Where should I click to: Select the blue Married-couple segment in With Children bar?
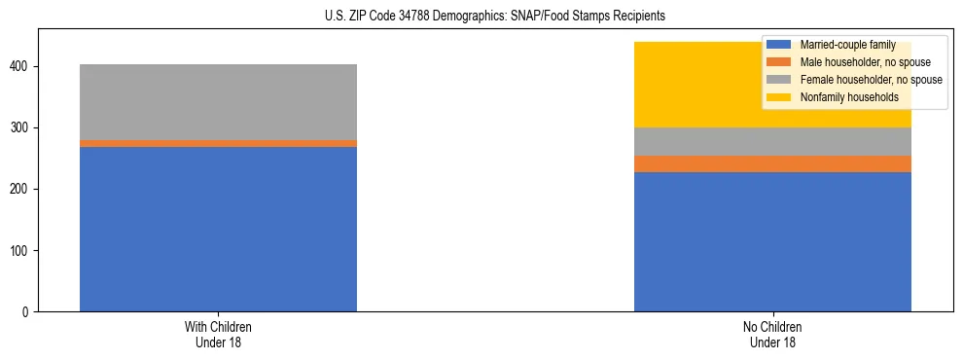[x=218, y=229]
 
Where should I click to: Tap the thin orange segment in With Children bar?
[x=218, y=143]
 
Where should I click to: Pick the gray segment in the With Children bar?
[x=218, y=102]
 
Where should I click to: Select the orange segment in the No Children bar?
[x=772, y=163]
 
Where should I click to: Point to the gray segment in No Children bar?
[x=772, y=141]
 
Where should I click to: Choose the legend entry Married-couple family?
[x=846, y=45]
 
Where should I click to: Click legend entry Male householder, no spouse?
[x=858, y=62]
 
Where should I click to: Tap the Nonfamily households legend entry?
[x=848, y=97]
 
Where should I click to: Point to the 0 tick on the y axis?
[x=28, y=311]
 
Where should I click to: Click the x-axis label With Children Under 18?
[x=218, y=334]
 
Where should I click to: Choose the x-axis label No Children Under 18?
[x=772, y=334]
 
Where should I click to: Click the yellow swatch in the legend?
[x=780, y=97]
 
